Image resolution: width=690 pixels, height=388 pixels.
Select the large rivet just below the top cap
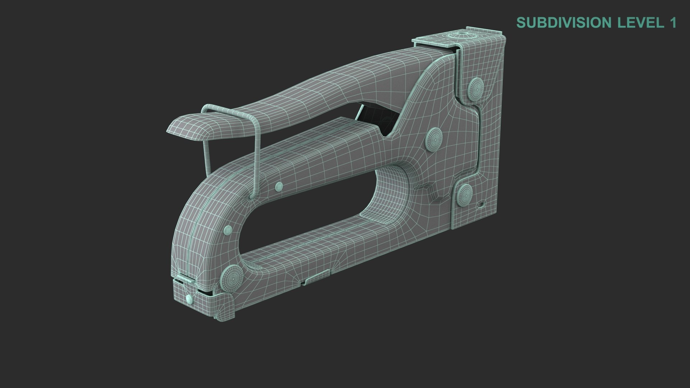click(x=476, y=87)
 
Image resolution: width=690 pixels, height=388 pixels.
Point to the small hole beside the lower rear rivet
click(x=482, y=206)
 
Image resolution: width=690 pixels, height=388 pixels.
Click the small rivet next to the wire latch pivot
click(x=279, y=186)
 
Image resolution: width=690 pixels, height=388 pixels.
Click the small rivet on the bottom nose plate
click(x=189, y=298)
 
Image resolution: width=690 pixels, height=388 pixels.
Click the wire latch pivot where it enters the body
click(x=252, y=197)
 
